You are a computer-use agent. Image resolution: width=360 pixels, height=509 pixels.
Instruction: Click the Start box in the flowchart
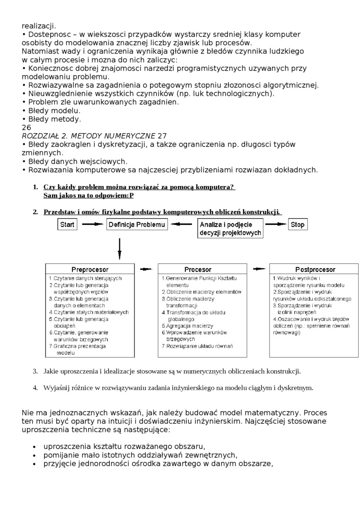pyautogui.click(x=68, y=225)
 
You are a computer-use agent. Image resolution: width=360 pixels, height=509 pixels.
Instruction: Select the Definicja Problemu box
pyautogui.click(x=137, y=225)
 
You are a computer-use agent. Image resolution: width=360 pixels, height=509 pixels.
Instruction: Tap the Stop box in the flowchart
pyautogui.click(x=297, y=225)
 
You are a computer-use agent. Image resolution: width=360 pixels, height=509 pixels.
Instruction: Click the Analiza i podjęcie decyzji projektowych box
pyautogui.click(x=230, y=229)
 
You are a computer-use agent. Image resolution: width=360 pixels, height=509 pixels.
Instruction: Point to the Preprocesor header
pyautogui.click(x=90, y=269)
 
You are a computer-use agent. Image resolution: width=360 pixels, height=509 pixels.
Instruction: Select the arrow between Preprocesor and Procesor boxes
pyautogui.click(x=146, y=269)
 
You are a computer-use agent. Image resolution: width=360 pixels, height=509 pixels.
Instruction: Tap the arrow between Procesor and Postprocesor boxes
pyautogui.click(x=258, y=269)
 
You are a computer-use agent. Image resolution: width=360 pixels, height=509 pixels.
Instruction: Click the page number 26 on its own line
pyautogui.click(x=26, y=127)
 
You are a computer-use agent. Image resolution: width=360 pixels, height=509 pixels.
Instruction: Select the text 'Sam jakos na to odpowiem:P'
pyautogui.click(x=89, y=195)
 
